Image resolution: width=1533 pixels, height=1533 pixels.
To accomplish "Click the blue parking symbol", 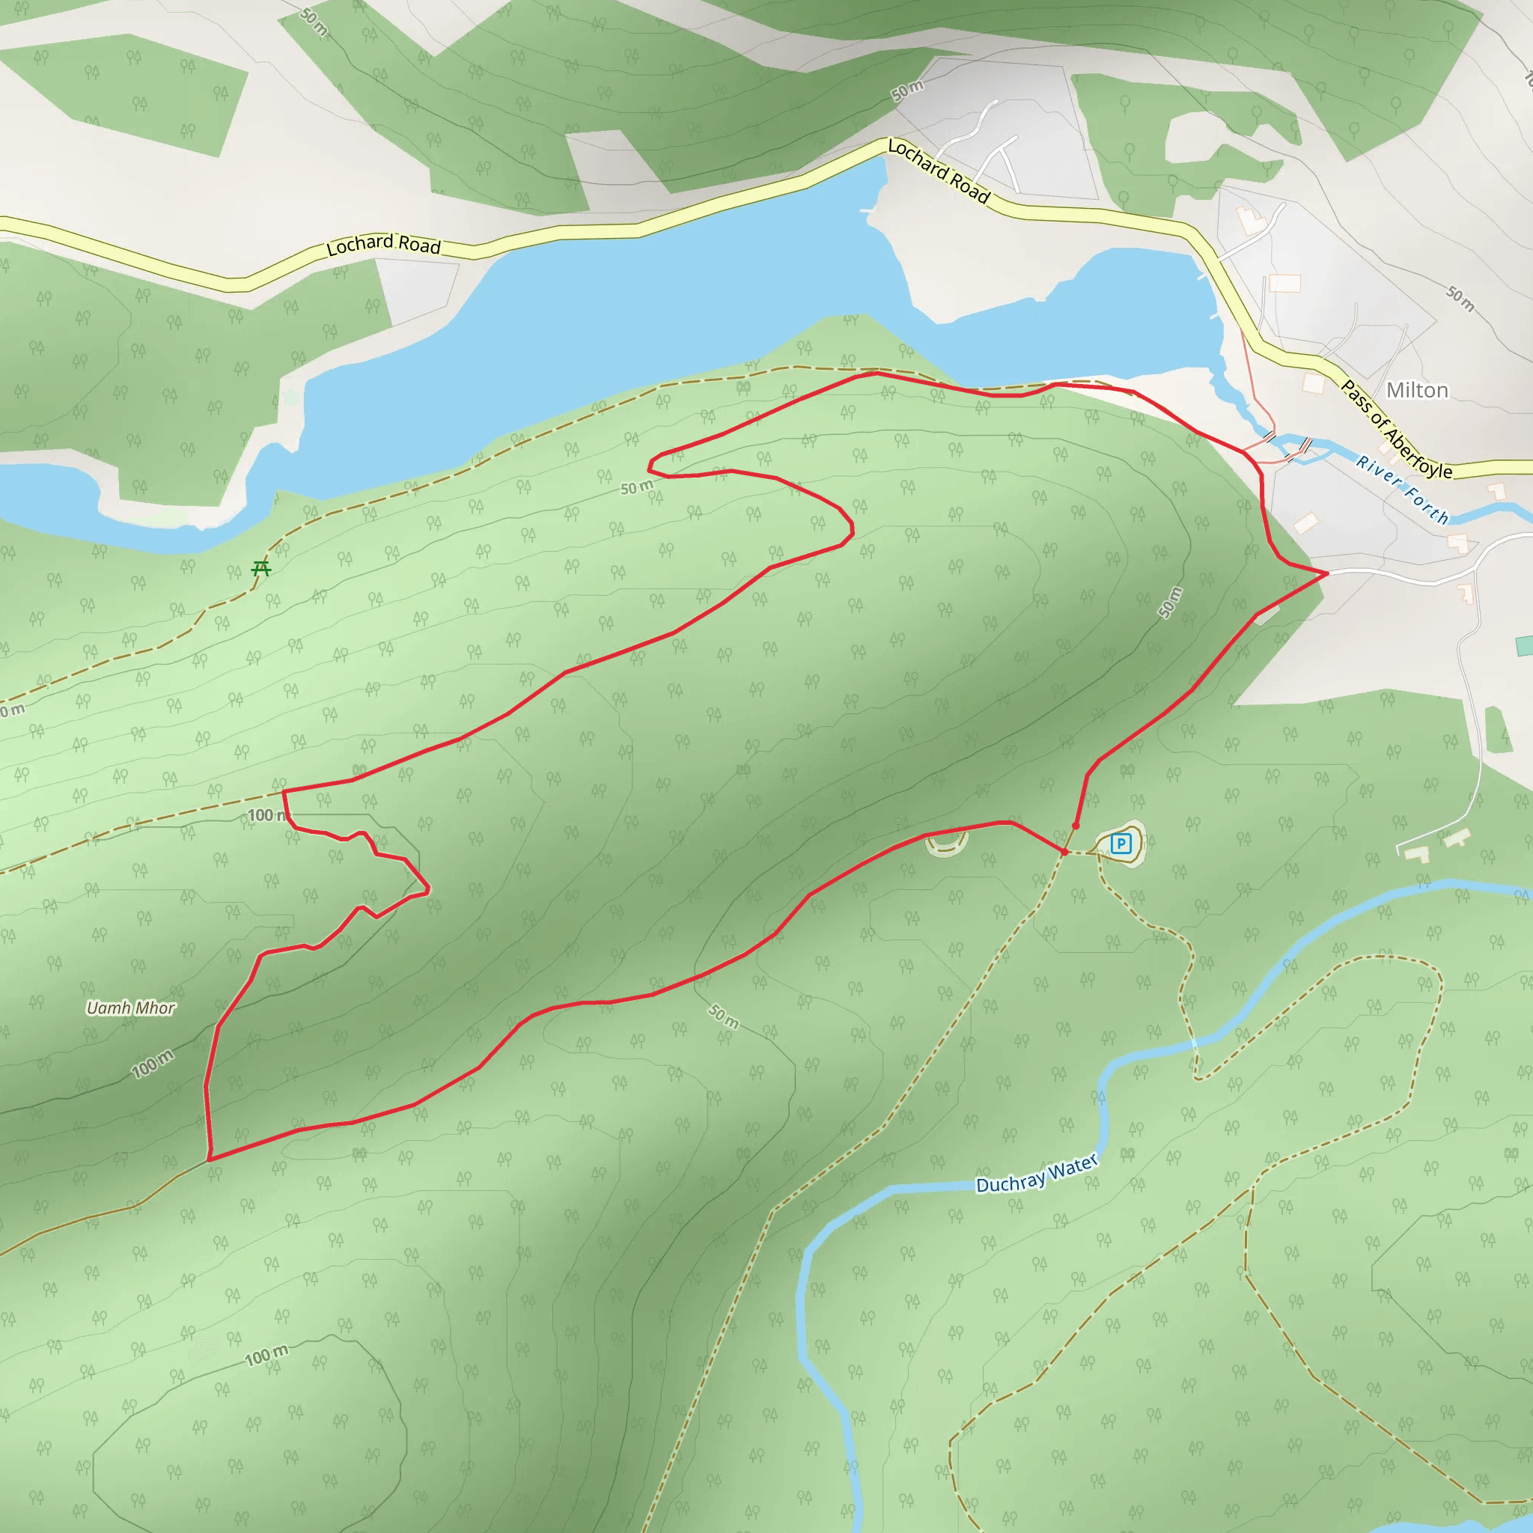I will [1121, 844].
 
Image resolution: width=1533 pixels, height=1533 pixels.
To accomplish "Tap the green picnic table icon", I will [261, 568].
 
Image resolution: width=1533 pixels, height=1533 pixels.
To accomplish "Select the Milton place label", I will [1417, 391].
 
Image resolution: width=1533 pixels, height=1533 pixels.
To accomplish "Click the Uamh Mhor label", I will [131, 1008].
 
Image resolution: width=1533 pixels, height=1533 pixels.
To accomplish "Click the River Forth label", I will [1402, 490].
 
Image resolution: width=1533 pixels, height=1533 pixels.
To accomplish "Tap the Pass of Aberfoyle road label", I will [1397, 429].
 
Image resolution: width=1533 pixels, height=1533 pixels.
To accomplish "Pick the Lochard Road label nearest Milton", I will [939, 171].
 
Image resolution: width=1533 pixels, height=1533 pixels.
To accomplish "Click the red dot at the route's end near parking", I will [1076, 826].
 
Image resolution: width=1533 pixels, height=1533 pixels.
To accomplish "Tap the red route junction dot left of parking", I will [1064, 852].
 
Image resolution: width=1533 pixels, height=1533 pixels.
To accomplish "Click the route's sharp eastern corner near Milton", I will [1326, 573].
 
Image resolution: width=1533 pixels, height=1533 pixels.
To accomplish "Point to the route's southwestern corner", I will [210, 1159].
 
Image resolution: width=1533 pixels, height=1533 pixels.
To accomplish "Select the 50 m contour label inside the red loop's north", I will [636, 487].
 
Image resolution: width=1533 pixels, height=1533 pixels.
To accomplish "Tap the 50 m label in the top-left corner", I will [315, 22].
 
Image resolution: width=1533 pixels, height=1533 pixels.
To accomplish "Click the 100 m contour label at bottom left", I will [266, 1356].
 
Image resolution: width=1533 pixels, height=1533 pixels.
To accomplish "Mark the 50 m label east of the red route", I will [1171, 603].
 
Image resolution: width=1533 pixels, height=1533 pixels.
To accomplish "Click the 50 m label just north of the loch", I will [907, 91].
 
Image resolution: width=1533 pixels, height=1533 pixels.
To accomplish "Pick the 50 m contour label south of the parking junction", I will [723, 1017].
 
